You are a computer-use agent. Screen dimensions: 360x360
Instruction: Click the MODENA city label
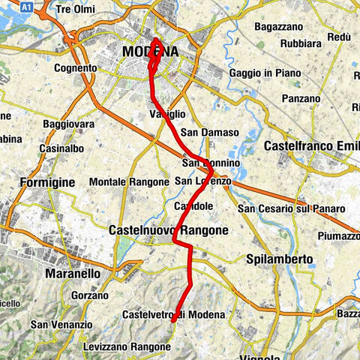(150, 52)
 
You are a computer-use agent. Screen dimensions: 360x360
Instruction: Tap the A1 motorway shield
(27, 5)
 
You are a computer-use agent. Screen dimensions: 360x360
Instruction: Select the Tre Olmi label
(76, 10)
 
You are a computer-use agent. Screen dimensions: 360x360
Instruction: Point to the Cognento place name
(76, 68)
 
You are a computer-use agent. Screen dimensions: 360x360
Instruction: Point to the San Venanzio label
(57, 325)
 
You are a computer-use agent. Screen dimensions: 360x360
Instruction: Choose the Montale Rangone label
(128, 182)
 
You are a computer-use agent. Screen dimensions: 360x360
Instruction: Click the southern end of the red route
(174, 320)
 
